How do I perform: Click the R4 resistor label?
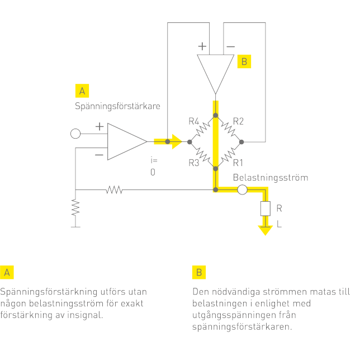[x=194, y=121]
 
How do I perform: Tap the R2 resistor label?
[x=238, y=121]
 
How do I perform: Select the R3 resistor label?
[x=194, y=163]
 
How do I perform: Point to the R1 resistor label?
[x=239, y=163]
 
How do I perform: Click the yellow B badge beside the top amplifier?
[x=244, y=61]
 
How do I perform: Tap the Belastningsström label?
[x=271, y=178]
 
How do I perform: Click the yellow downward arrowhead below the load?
[x=264, y=230]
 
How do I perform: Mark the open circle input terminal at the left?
[x=75, y=134]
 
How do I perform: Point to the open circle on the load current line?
[x=242, y=191]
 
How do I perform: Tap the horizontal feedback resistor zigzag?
[x=114, y=191]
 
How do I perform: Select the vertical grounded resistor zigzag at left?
[x=75, y=208]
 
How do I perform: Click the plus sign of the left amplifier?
[x=100, y=127]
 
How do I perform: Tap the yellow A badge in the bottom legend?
[x=7, y=273]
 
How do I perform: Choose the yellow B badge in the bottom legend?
[x=198, y=273]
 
